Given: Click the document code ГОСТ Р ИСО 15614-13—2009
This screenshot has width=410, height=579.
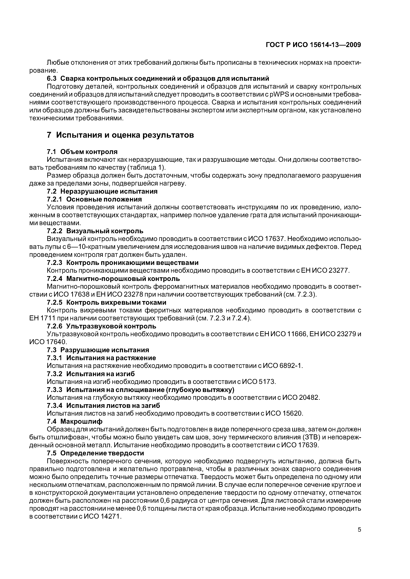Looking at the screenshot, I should point(313,45).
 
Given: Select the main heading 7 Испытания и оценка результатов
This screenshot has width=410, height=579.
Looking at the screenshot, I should point(121,135).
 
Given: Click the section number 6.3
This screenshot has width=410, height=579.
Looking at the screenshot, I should point(52,78).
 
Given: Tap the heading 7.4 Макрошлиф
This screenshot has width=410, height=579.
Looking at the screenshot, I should point(75,421).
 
